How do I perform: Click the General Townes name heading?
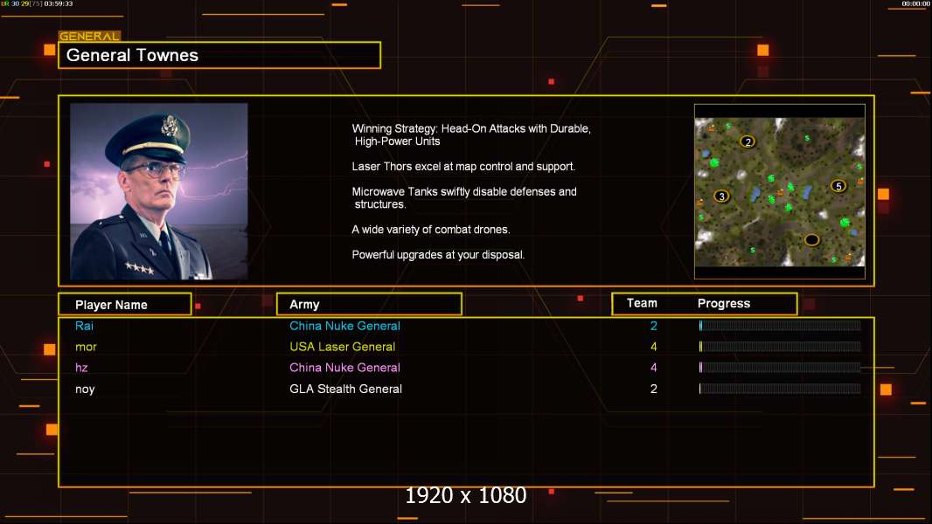pos(132,55)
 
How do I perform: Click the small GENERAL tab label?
pos(89,36)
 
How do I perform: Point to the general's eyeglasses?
pos(156,171)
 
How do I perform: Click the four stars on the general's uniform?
pos(139,267)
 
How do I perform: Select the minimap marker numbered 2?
pos(748,141)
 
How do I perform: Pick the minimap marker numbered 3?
pos(721,196)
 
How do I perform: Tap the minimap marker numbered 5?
pos(838,186)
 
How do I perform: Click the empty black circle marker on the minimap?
pos(812,240)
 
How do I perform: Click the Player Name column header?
pos(111,305)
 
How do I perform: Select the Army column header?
pos(304,305)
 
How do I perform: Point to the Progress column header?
pos(724,304)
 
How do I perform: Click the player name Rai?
pos(85,326)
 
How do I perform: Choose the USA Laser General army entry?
pos(343,347)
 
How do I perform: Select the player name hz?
pos(81,368)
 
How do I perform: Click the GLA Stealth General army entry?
pos(346,390)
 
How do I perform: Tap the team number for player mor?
pos(654,347)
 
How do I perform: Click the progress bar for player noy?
pos(780,390)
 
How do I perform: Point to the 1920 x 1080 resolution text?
pos(466,495)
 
